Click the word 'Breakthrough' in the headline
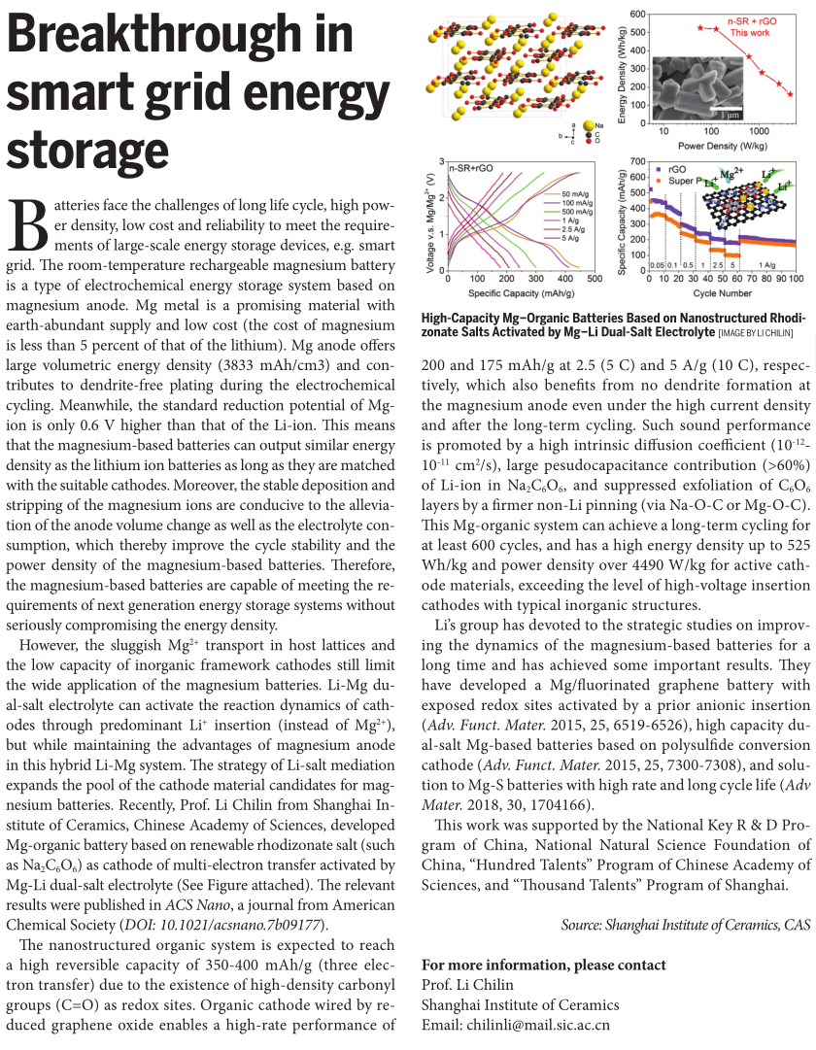[181, 37]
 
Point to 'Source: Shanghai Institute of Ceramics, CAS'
[685, 925]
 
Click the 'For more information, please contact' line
[544, 965]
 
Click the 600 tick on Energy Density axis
[636, 14]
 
